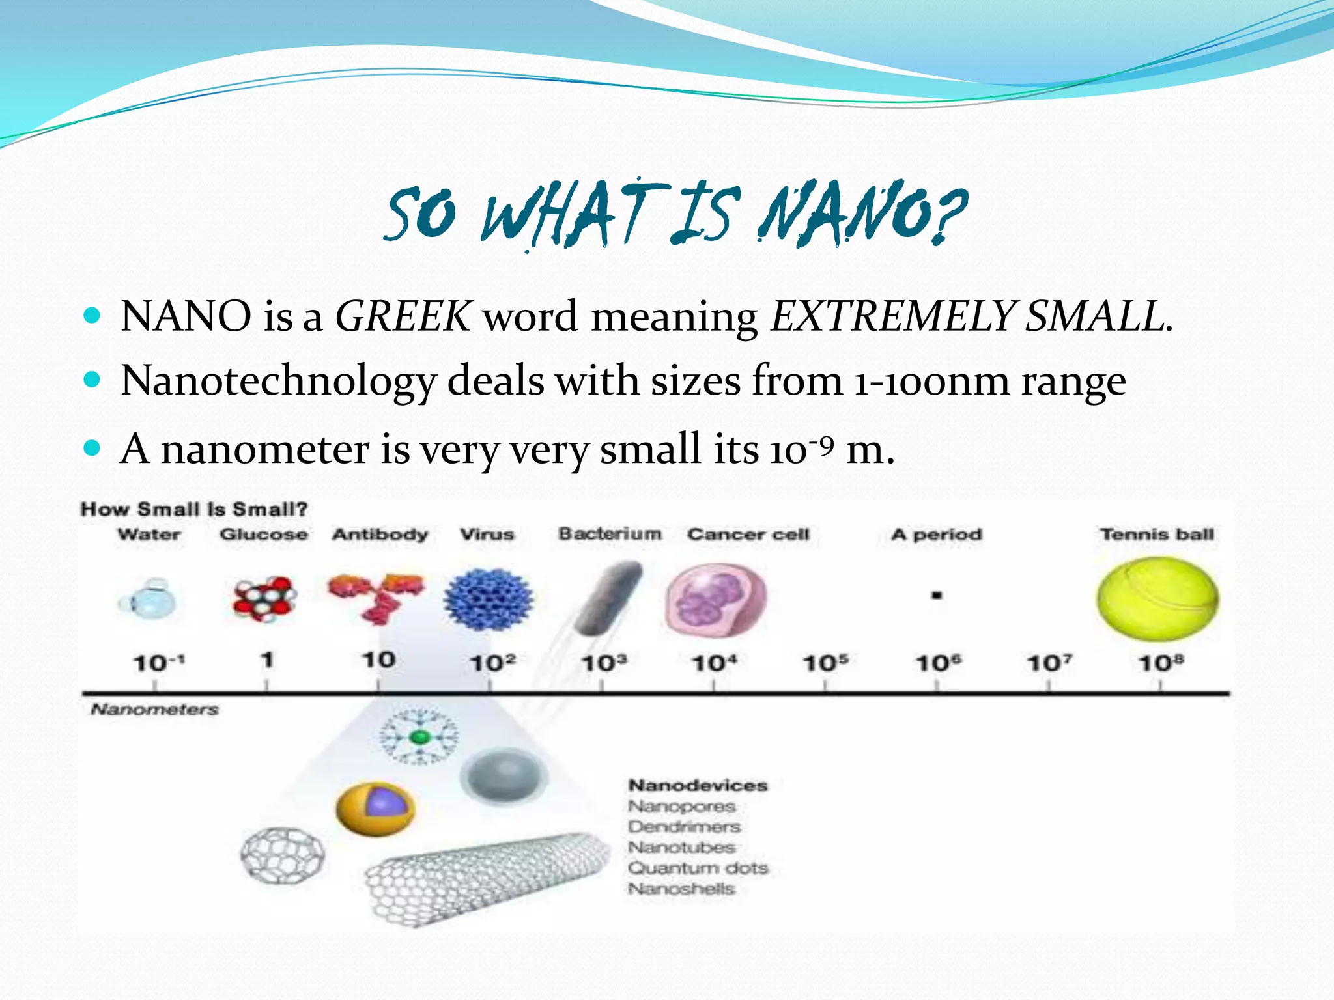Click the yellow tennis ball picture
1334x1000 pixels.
tap(1157, 599)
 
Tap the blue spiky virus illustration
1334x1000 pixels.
tap(488, 600)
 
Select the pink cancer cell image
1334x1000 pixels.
tap(715, 600)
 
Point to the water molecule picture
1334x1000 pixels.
tap(149, 600)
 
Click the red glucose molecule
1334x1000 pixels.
tap(264, 599)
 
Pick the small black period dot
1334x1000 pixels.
tap(937, 595)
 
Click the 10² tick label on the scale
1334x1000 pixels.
tap(492, 663)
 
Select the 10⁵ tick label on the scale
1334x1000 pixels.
tap(825, 663)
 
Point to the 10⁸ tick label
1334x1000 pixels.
tap(1161, 663)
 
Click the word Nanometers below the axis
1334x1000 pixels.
tap(154, 709)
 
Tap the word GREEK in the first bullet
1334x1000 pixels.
tap(402, 317)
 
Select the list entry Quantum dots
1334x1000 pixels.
tap(698, 868)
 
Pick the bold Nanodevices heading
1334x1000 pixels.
tap(698, 785)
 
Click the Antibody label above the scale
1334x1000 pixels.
tap(380, 535)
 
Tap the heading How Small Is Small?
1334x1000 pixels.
tap(194, 509)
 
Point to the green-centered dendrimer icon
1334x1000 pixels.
tap(420, 737)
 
